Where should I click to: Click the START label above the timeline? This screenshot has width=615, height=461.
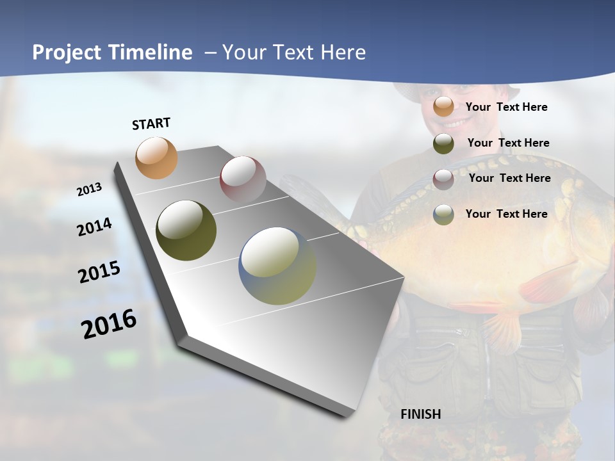151,124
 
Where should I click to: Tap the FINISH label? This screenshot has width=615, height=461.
421,414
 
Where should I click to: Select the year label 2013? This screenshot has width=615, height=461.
90,190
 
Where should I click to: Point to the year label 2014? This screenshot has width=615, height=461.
94,227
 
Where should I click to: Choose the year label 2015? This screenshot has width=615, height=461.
99,272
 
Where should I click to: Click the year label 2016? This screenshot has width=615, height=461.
109,323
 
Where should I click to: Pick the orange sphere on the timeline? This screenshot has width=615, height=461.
156,158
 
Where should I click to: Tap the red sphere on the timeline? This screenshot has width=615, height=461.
243,179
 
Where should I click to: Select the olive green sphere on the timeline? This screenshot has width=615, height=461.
186,230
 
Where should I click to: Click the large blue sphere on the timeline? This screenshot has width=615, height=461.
277,266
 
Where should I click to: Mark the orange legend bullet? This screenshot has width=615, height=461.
443,107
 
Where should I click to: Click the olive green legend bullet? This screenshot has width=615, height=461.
443,143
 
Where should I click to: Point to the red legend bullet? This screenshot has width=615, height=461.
443,179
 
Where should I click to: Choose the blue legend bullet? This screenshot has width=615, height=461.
443,214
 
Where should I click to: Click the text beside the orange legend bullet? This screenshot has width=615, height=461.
507,107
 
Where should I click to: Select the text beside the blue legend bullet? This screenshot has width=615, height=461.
507,214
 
